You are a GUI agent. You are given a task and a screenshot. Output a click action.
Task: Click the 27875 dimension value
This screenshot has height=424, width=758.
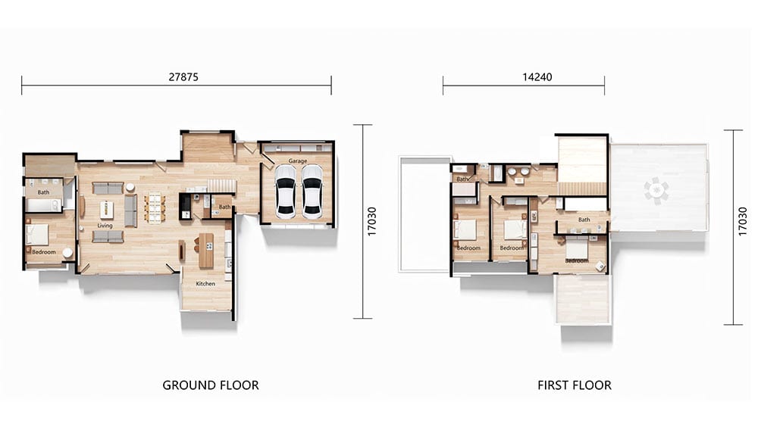point(183,76)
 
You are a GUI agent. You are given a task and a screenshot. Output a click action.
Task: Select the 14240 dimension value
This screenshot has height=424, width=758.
point(537,76)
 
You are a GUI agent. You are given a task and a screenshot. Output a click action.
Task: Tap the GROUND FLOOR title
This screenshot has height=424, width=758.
point(210,385)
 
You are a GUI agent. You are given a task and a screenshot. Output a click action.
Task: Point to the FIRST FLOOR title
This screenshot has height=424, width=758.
point(575,385)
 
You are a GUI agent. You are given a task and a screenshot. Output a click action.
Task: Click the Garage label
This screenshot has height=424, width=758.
point(298,161)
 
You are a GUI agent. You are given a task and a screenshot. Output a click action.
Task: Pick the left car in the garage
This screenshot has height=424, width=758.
point(285,192)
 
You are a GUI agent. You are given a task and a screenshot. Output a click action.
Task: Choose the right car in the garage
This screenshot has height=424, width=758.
point(312,192)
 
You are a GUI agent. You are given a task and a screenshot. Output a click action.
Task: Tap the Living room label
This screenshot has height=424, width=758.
point(105,226)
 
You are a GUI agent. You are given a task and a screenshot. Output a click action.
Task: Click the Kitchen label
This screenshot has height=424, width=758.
point(205,283)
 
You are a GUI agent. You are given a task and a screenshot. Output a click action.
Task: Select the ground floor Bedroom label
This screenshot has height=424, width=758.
point(43,252)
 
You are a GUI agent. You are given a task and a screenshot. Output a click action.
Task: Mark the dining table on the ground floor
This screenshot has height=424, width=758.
point(155,207)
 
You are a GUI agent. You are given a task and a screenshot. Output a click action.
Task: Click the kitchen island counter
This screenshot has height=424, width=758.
point(206,251)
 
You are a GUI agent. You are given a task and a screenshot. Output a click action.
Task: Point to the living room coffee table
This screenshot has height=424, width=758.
point(107,210)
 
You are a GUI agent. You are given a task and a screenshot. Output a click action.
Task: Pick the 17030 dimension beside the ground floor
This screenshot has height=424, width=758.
point(371,222)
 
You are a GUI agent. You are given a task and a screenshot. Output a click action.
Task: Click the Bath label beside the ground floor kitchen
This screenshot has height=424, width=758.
point(225,207)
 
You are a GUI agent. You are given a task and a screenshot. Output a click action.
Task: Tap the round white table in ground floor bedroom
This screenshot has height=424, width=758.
point(67,253)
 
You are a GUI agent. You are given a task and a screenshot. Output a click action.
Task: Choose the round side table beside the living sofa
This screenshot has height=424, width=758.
point(130,187)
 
